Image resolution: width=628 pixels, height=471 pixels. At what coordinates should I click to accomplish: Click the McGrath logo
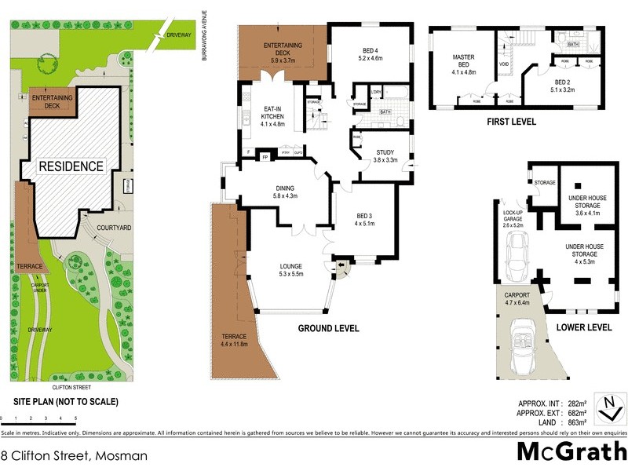[571, 451]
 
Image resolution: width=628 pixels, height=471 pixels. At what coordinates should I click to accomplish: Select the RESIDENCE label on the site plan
[71, 166]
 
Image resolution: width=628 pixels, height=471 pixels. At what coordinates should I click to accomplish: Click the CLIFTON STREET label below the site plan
[71, 387]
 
